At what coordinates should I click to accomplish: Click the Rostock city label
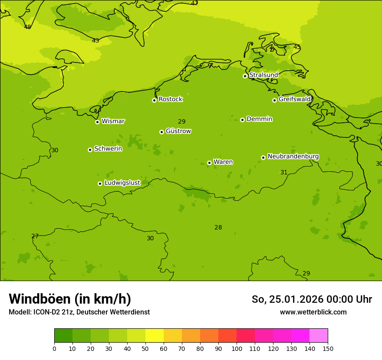pos(170,99)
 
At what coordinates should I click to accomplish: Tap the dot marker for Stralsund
pos(245,76)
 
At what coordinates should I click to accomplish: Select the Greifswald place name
pos(294,99)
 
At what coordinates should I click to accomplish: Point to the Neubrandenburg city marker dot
pos(263,157)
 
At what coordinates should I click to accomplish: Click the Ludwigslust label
pos(122,183)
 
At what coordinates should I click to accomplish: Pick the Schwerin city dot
pos(90,150)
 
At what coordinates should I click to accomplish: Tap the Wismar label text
pos(113,121)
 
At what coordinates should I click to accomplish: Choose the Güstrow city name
pos(178,131)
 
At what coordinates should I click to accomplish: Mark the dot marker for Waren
pos(209,163)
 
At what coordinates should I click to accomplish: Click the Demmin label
pos(259,119)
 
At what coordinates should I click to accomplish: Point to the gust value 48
pos(27,27)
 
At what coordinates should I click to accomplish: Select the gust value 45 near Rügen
pos(297,47)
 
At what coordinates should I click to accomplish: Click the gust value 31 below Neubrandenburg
pos(284,172)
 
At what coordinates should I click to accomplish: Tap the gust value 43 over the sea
pos(95,40)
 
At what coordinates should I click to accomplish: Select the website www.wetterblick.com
pos(313,312)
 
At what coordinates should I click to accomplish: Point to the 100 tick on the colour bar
pos(237,348)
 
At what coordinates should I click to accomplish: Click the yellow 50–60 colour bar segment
pos(155,335)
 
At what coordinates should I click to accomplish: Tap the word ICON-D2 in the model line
pos(48,312)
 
